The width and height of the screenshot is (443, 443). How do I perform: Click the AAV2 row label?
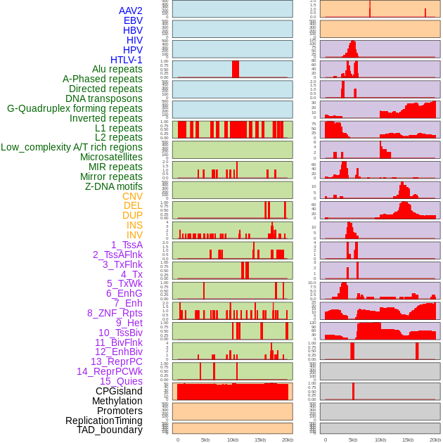[130, 11]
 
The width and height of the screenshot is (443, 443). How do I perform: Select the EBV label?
[133, 20]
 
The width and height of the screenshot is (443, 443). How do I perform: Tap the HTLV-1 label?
[126, 60]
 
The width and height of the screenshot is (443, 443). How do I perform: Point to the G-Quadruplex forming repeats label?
[75, 108]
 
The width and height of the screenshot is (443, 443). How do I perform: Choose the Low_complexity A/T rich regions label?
[72, 147]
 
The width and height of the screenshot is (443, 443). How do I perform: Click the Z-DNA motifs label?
[113, 186]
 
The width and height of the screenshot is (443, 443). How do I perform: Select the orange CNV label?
[132, 196]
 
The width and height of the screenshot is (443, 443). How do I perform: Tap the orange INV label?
[134, 235]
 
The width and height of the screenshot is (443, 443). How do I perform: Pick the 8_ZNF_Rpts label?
[115, 313]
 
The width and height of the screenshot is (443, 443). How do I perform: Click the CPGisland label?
[119, 391]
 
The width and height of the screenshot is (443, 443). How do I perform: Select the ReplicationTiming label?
[103, 420]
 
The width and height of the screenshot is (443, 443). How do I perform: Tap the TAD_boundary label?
[109, 430]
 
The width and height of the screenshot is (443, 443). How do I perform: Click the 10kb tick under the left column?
[233, 439]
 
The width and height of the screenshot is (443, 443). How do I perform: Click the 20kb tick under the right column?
[435, 439]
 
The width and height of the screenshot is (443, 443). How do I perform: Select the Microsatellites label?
[111, 157]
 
